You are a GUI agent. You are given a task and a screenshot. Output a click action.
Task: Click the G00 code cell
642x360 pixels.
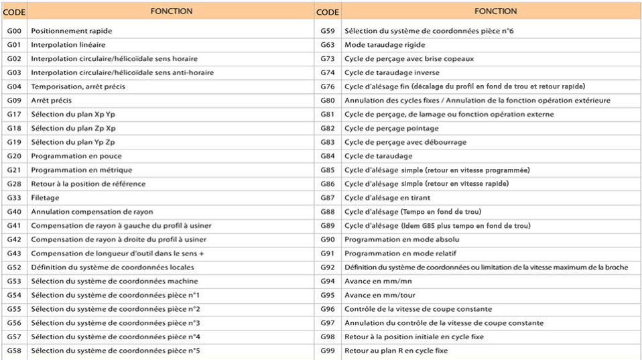[14, 31]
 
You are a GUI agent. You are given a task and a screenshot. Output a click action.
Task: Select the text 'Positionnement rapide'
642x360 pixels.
[72, 31]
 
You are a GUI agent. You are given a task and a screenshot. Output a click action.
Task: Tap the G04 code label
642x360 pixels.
[14, 86]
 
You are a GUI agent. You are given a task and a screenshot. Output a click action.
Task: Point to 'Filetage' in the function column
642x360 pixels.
[45, 198]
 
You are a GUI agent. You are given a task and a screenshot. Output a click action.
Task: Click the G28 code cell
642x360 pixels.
[14, 184]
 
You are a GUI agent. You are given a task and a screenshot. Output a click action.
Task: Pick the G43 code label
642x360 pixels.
[14, 253]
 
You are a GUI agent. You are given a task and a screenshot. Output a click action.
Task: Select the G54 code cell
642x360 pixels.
[14, 295]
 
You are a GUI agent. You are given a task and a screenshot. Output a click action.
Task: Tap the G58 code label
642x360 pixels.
[14, 351]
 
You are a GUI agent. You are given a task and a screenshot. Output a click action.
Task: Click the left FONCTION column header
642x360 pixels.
[172, 11]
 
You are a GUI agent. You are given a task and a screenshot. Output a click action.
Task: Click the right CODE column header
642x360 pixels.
[327, 12]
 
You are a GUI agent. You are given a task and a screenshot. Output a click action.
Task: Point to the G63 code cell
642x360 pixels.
[328, 45]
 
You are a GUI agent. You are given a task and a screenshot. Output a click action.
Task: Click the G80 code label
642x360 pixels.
[328, 101]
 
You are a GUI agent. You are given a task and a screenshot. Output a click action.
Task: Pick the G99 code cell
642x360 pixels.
[328, 351]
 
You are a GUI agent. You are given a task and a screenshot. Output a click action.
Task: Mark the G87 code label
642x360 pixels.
[328, 198]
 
